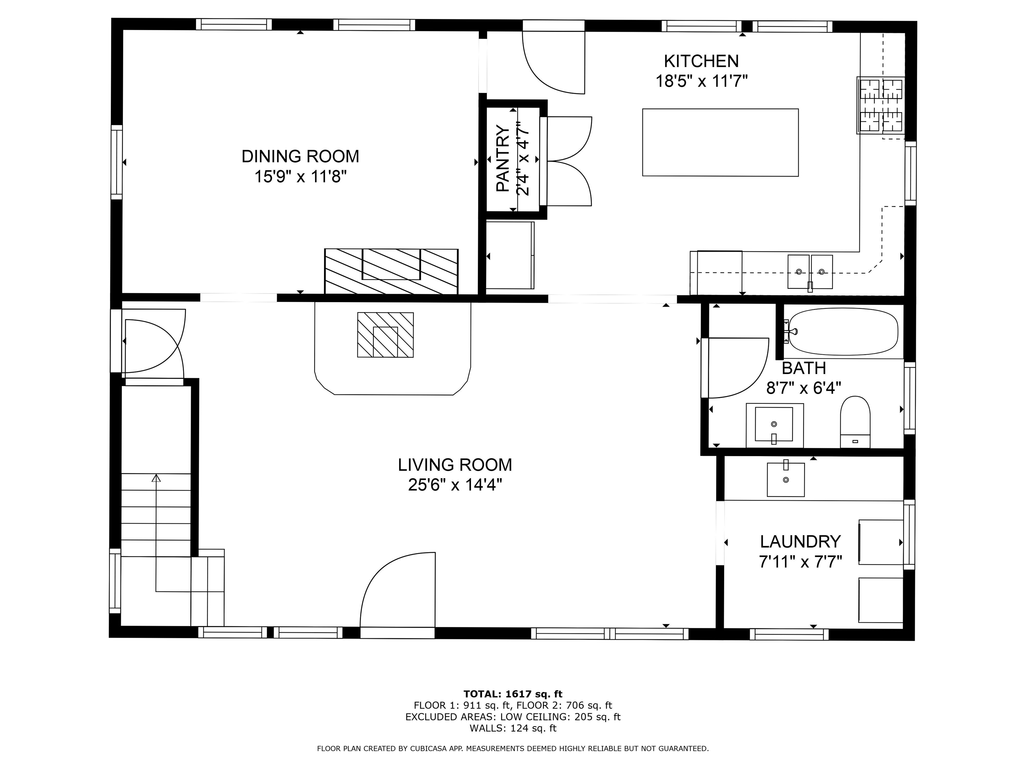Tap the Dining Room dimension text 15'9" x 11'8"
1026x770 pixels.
coord(300,177)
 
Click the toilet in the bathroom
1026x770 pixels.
coord(855,420)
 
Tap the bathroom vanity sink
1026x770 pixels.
coord(774,424)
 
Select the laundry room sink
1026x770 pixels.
coord(785,480)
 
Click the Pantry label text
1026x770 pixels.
coord(503,158)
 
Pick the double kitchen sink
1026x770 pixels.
coord(810,271)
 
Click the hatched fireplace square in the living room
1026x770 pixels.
coord(385,335)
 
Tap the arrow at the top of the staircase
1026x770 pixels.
coord(156,478)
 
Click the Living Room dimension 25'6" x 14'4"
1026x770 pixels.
coord(455,485)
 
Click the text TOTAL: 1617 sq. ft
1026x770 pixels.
coord(513,694)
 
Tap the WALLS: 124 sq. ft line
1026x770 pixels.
coord(513,728)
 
